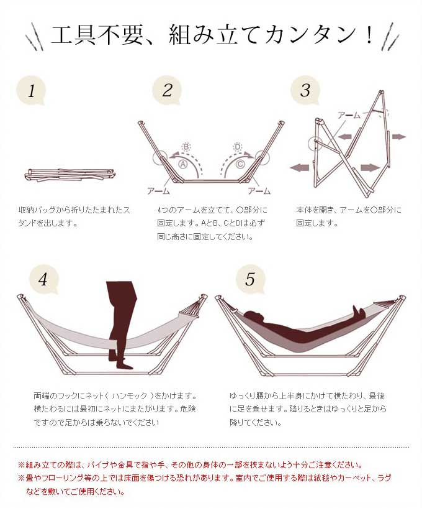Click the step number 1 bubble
(x=32, y=91)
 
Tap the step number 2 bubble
(x=167, y=90)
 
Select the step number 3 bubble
(x=305, y=90)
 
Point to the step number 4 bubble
(x=43, y=279)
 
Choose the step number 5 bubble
(x=250, y=279)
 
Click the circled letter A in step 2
(x=182, y=165)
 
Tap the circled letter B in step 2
(x=186, y=147)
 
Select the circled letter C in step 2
(x=240, y=165)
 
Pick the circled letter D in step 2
(x=238, y=147)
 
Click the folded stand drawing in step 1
(x=70, y=175)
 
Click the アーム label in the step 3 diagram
(x=349, y=115)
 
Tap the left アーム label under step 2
(x=158, y=191)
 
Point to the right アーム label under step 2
(x=259, y=191)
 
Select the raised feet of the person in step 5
(x=358, y=310)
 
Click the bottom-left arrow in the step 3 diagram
(x=300, y=167)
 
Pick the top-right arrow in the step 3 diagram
(x=399, y=137)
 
